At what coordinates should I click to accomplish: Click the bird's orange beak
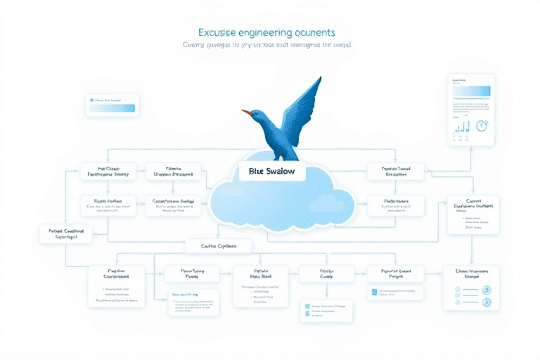245,111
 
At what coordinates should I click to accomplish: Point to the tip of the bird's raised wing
319,79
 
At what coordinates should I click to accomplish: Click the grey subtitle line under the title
266,45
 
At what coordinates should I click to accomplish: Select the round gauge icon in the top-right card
482,126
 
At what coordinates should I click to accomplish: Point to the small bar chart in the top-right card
461,127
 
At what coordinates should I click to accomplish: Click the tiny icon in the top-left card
91,101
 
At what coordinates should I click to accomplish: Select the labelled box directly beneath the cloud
219,246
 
